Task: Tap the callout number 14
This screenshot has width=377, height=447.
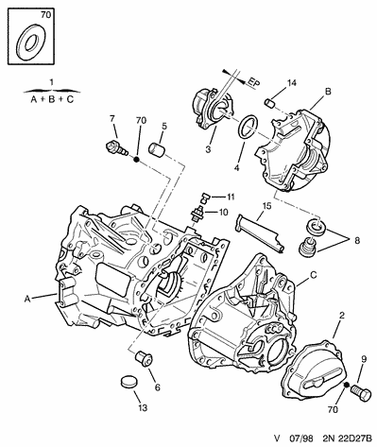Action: coord(291,83)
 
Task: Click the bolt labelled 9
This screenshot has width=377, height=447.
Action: coord(361,393)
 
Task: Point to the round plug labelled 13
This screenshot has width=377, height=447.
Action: coord(129,382)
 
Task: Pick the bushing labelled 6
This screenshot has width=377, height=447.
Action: coord(144,359)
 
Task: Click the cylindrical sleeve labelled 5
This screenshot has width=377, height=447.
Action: coord(158,149)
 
